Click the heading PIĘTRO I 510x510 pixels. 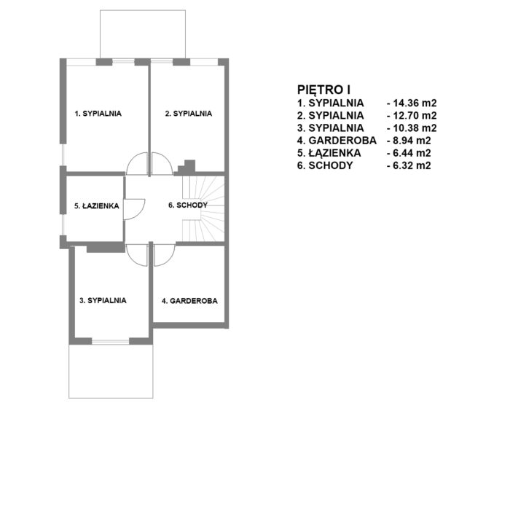323,90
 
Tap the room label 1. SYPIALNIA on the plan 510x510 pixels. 98,114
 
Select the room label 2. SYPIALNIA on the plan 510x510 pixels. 188,114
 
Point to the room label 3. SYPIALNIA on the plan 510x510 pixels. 103,300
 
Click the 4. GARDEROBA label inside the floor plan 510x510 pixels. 189,301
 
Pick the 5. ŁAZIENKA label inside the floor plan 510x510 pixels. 97,206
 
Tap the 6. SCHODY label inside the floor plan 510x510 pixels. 188,205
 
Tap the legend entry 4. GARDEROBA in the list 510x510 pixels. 337,141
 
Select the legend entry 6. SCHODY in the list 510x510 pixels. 325,165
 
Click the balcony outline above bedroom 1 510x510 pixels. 143,10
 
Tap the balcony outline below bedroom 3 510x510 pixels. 111,398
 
